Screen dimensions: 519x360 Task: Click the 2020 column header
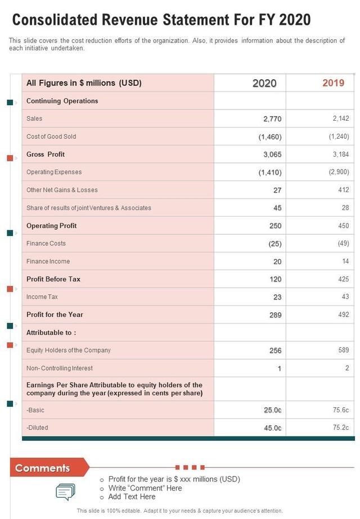[264, 83]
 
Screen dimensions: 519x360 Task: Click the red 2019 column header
[333, 83]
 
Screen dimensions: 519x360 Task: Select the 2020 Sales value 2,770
[272, 119]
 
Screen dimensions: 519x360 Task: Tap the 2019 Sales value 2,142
[340, 119]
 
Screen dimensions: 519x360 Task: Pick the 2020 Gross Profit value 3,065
[272, 154]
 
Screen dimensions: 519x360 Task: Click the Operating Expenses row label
[54, 172]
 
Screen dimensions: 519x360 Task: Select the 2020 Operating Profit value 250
[275, 226]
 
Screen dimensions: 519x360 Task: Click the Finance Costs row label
[46, 243]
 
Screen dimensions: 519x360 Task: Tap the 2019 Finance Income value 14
[345, 261]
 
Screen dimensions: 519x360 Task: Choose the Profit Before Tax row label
[53, 279]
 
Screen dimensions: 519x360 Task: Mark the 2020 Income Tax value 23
[277, 297]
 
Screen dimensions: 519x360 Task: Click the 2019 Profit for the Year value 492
[343, 315]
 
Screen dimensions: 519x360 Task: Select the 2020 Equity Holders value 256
[275, 350]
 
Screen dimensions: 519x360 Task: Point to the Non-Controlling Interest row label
[60, 368]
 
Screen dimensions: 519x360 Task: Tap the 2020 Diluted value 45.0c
[272, 428]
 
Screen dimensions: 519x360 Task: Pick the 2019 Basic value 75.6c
[341, 410]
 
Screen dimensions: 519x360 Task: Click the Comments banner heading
[43, 468]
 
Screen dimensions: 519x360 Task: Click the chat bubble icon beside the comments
[65, 491]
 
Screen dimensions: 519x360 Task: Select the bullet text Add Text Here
[132, 497]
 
